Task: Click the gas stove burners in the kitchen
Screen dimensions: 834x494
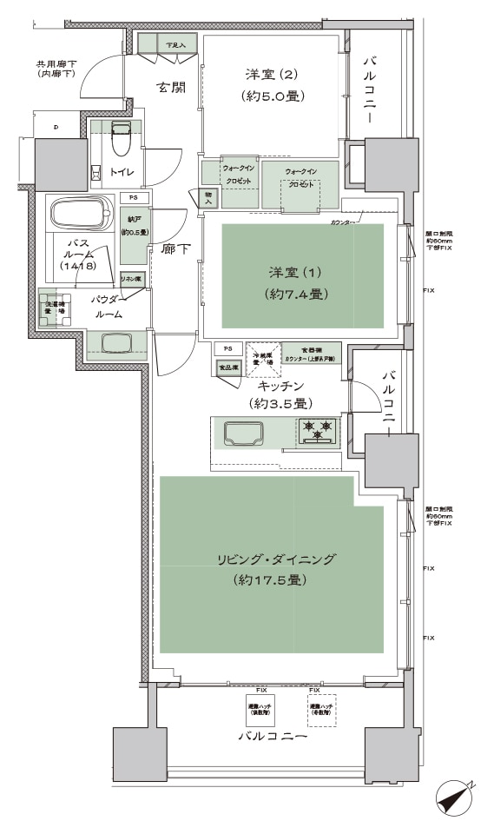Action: point(316,429)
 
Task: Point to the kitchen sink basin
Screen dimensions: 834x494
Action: point(245,432)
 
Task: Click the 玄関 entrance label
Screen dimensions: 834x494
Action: point(169,88)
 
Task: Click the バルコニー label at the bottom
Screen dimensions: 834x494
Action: point(273,737)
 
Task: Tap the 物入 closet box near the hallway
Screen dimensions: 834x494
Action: point(208,198)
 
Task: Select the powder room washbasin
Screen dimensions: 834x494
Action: point(117,343)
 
